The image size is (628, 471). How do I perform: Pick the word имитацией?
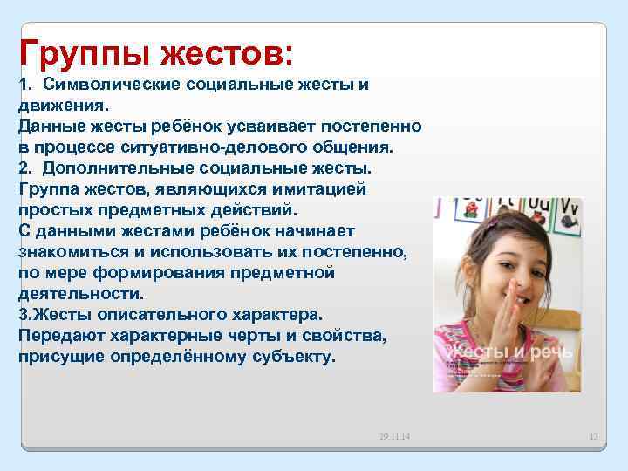click(x=321, y=188)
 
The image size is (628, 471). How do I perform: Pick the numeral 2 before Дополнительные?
click(x=23, y=167)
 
